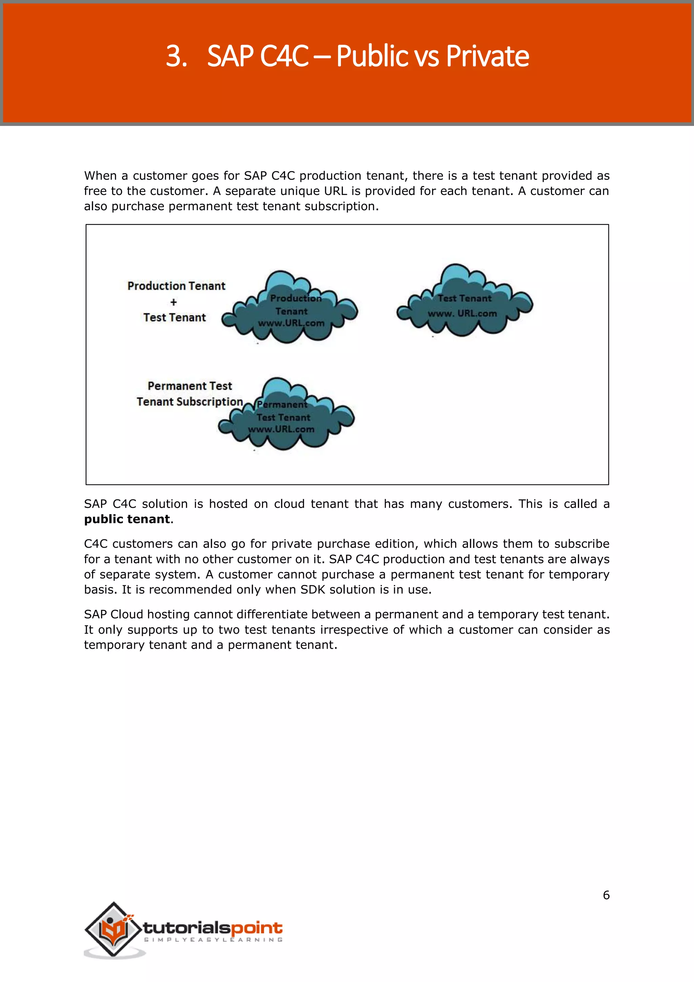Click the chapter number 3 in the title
(x=175, y=56)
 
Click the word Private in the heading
(x=487, y=56)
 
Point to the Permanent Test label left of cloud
(x=190, y=386)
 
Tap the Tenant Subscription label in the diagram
(x=190, y=401)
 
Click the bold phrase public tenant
(x=127, y=519)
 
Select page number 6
(x=606, y=895)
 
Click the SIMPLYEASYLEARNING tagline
(x=213, y=940)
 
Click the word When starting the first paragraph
(x=100, y=176)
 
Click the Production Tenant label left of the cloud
(x=176, y=286)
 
